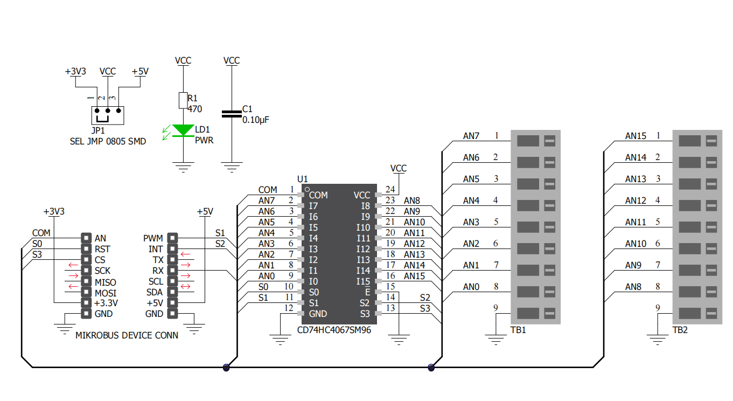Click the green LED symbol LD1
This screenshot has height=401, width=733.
183,130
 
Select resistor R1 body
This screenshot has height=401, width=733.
183,100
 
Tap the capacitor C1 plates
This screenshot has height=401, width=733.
232,114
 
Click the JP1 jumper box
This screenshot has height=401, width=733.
108,115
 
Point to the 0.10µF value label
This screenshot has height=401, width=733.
256,120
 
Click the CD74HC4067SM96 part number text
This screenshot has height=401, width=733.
334,330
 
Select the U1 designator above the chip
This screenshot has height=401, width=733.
302,179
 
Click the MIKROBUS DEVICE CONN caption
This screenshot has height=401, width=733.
127,335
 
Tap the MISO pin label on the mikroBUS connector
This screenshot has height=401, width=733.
106,282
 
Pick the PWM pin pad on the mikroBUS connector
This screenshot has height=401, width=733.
172,238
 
